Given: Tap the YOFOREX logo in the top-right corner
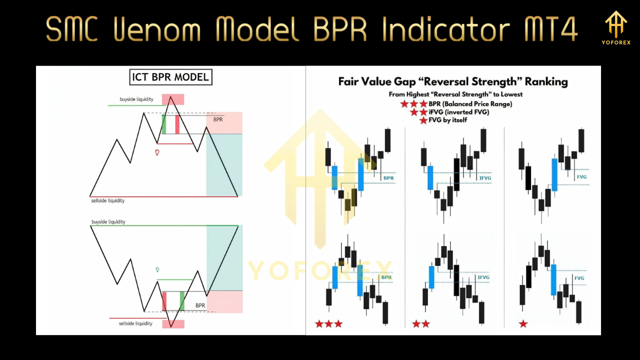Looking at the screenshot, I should click(x=615, y=28).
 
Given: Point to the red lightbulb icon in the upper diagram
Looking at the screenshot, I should click(x=157, y=152).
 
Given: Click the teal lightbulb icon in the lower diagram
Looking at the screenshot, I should click(x=157, y=269).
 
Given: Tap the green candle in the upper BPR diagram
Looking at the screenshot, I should click(x=163, y=124).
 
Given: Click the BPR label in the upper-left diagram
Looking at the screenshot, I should click(x=218, y=120).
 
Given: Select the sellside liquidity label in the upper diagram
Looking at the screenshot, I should click(x=107, y=200).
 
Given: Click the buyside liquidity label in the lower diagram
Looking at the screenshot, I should click(x=108, y=221).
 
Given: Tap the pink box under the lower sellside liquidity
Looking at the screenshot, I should click(x=173, y=324).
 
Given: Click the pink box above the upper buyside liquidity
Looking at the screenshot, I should click(x=172, y=99).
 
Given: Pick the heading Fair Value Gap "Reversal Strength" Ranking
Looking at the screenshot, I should click(x=452, y=81).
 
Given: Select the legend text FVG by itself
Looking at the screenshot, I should click(x=447, y=120).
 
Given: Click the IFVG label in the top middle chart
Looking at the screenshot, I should click(x=484, y=178).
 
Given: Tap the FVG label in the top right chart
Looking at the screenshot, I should click(x=581, y=177).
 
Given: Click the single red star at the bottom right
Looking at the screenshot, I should click(x=523, y=324).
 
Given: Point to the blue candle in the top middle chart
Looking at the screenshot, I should click(x=430, y=177).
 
